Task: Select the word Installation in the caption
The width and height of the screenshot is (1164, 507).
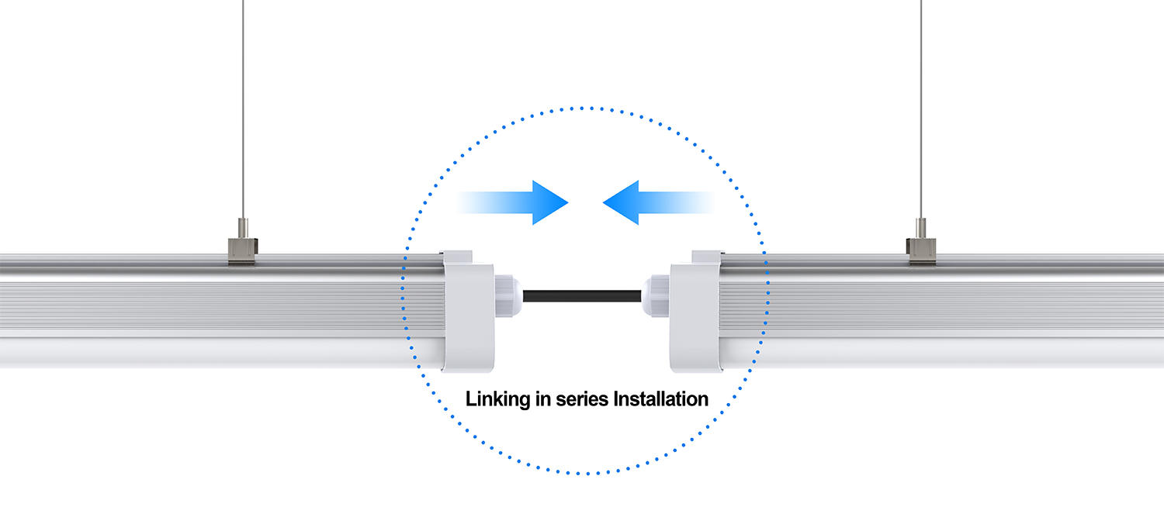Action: click(661, 399)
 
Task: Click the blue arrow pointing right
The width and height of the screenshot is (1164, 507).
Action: click(513, 202)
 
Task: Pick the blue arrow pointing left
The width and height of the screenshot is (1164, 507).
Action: click(658, 202)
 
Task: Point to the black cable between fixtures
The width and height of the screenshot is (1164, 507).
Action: click(582, 296)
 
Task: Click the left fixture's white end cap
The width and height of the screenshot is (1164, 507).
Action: click(468, 312)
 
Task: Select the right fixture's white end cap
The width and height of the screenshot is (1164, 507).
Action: click(696, 312)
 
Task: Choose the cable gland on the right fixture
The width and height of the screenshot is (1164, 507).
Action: click(656, 296)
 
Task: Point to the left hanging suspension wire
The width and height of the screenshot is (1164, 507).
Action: click(243, 109)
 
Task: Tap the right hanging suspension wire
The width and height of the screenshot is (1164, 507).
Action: click(921, 109)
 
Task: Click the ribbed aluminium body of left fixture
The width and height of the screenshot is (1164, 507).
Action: click(221, 306)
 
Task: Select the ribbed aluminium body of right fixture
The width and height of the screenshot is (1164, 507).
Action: click(941, 306)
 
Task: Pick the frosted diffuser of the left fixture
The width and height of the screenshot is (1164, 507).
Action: click(221, 353)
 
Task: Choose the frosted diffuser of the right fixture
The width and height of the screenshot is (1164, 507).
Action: click(941, 353)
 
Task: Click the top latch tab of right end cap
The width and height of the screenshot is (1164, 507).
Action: click(707, 257)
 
